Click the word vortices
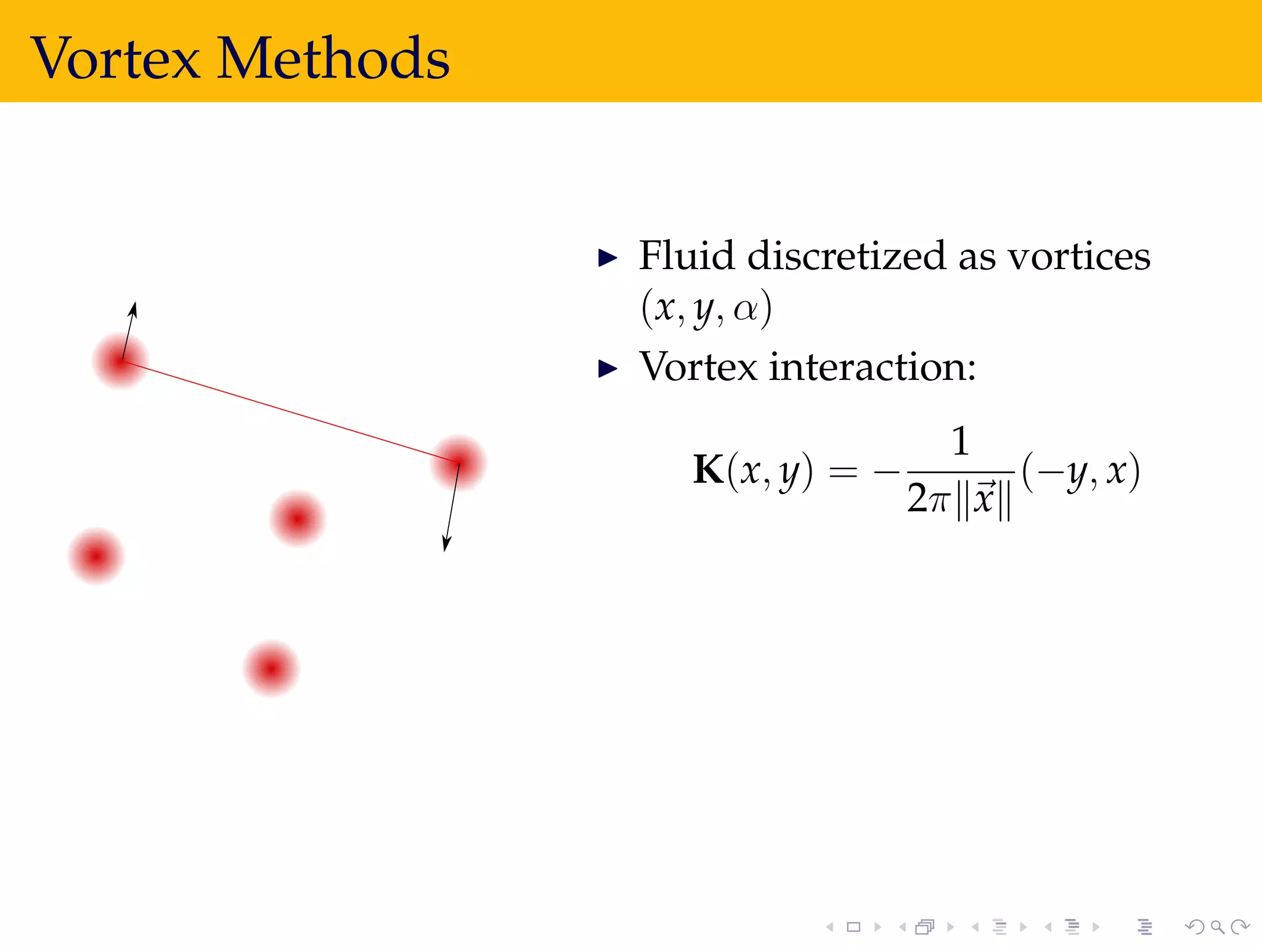(x=1078, y=256)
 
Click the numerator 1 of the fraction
(x=960, y=441)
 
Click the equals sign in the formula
(x=843, y=473)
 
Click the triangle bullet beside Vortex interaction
(x=608, y=369)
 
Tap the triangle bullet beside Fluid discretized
(x=608, y=258)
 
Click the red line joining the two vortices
(x=290, y=411)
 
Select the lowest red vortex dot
(x=271, y=669)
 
